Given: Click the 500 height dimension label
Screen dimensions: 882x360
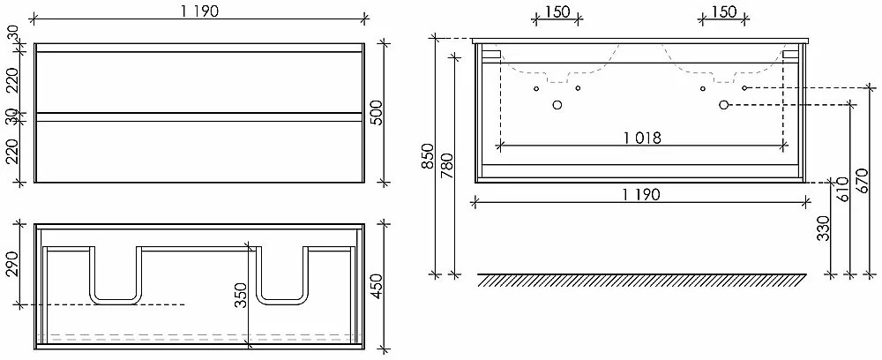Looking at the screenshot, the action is (x=377, y=113).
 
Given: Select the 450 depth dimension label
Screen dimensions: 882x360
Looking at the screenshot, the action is (x=377, y=287).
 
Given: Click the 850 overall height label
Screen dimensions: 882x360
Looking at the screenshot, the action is (x=428, y=157).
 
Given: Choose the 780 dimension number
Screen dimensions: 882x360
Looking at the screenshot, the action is (x=447, y=167).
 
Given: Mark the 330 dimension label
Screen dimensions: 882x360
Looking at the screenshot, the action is (x=824, y=228).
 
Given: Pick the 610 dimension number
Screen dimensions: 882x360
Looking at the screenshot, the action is (x=842, y=190).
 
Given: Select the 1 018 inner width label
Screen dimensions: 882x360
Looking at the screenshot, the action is (x=642, y=138).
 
